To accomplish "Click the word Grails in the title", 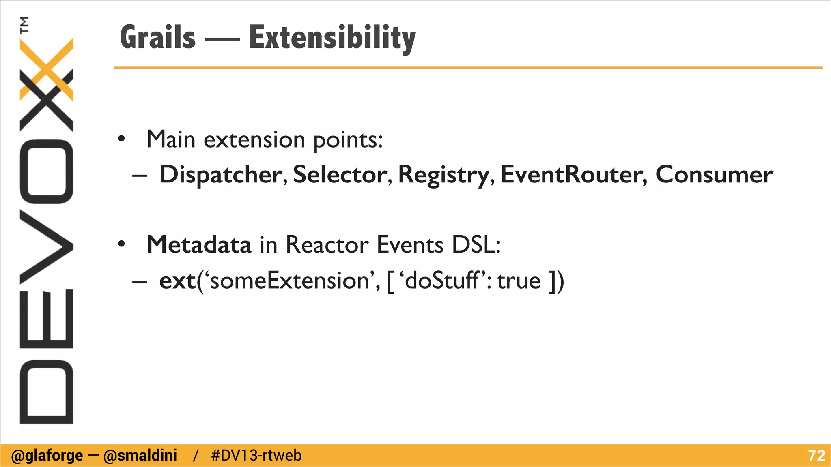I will click(158, 37).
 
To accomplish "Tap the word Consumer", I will click(714, 175).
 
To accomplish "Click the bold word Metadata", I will click(199, 244).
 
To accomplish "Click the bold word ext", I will click(177, 281).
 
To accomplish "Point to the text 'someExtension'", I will click(289, 281).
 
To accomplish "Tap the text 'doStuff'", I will click(443, 281).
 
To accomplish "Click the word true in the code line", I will click(519, 281).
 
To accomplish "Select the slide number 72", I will click(816, 456).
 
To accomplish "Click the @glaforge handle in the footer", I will click(47, 456).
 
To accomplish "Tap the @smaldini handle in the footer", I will click(140, 456).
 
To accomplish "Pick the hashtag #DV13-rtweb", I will click(256, 456).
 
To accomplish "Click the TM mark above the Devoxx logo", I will click(24, 24).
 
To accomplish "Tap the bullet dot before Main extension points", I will click(121, 139).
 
